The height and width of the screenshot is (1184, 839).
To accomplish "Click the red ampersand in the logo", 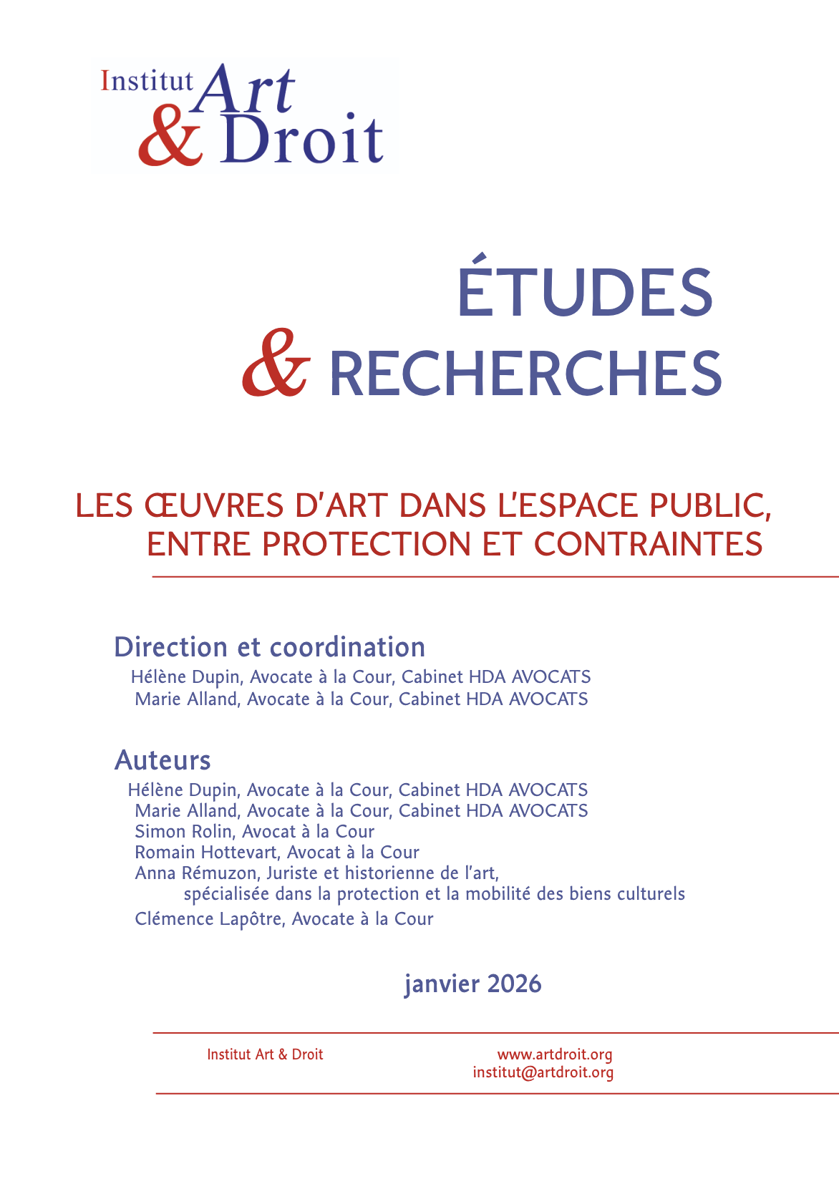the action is tap(170, 137).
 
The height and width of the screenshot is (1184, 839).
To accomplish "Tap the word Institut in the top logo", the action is tap(147, 81).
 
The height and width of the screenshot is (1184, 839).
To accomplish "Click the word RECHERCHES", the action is tap(525, 373).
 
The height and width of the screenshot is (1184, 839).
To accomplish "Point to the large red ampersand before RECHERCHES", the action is tap(276, 364).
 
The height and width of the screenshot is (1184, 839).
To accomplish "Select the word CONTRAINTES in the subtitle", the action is tap(648, 544).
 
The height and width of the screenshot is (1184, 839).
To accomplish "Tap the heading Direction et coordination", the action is tap(270, 647).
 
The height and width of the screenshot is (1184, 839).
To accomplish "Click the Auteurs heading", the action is tap(163, 760).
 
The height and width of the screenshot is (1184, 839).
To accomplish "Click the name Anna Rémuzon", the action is tap(195, 873).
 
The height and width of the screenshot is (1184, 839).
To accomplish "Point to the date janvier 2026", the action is tap(472, 984).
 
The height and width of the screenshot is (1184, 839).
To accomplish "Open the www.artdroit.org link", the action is tap(555, 1054).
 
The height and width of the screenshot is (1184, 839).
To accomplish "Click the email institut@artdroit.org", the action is tap(543, 1072).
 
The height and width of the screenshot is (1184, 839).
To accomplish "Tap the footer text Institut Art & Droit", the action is tap(265, 1054).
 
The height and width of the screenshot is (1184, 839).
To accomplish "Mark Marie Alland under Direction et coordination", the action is tap(186, 699).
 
